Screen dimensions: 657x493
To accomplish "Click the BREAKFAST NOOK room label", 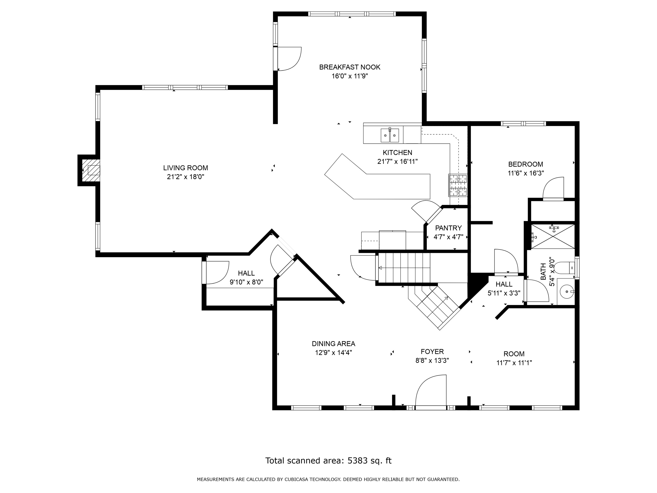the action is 350,67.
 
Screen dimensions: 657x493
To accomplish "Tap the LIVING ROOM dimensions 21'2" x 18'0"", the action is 186,177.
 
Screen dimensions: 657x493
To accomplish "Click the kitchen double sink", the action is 390,135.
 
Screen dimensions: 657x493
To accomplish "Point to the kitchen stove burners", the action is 458,185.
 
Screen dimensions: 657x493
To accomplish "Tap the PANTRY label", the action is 448,228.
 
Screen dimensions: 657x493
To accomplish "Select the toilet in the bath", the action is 566,268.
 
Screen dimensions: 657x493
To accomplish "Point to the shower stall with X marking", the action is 553,236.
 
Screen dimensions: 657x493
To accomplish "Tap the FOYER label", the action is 432,352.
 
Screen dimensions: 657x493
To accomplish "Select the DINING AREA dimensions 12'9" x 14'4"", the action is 334,353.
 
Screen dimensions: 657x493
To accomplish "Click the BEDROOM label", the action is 526,164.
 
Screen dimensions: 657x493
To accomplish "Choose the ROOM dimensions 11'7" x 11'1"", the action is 514,362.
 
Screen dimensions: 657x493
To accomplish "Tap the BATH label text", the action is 543,272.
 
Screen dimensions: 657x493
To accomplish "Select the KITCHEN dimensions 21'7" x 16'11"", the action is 397,161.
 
